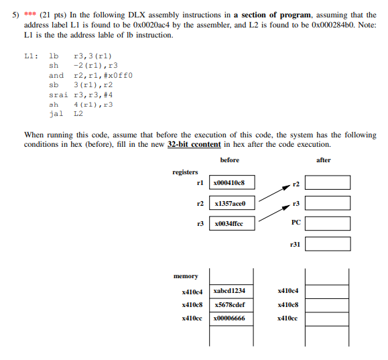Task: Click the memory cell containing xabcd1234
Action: click(232, 290)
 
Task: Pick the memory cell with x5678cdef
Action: click(232, 304)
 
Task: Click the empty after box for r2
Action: click(328, 182)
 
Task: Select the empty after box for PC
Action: click(328, 223)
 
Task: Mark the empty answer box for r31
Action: click(328, 244)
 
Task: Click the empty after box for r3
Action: click(328, 202)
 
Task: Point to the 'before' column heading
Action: click(229, 160)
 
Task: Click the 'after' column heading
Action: click(324, 160)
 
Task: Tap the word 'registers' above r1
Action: click(186, 172)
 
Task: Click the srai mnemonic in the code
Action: click(58, 95)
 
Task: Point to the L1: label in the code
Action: click(30, 56)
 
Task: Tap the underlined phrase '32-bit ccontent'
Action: click(194, 144)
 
